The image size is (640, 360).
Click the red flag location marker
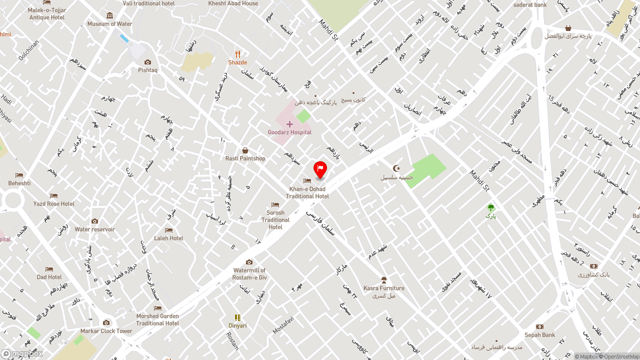tap(320, 169)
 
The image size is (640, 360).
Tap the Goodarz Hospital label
tap(289, 132)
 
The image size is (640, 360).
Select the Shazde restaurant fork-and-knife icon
tap(237, 54)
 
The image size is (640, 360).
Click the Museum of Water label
tap(110, 24)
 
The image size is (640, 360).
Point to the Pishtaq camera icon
tap(147, 62)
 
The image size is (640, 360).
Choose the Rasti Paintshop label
tap(245, 158)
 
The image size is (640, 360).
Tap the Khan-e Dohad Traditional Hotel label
tap(307, 192)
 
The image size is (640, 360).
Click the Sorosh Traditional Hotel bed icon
tap(275, 205)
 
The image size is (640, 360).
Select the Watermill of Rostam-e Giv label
tap(249, 273)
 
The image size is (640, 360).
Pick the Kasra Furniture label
tap(384, 288)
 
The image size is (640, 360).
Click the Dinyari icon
tap(237, 317)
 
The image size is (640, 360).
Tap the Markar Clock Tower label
tap(106, 331)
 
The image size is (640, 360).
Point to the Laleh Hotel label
tap(168, 238)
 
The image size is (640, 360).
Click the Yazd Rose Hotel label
tap(54, 204)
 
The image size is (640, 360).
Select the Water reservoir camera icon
tap(94, 221)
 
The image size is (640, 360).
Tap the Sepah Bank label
tap(539, 335)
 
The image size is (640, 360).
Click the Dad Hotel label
tap(49, 277)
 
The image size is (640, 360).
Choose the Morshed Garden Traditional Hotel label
tap(157, 319)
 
